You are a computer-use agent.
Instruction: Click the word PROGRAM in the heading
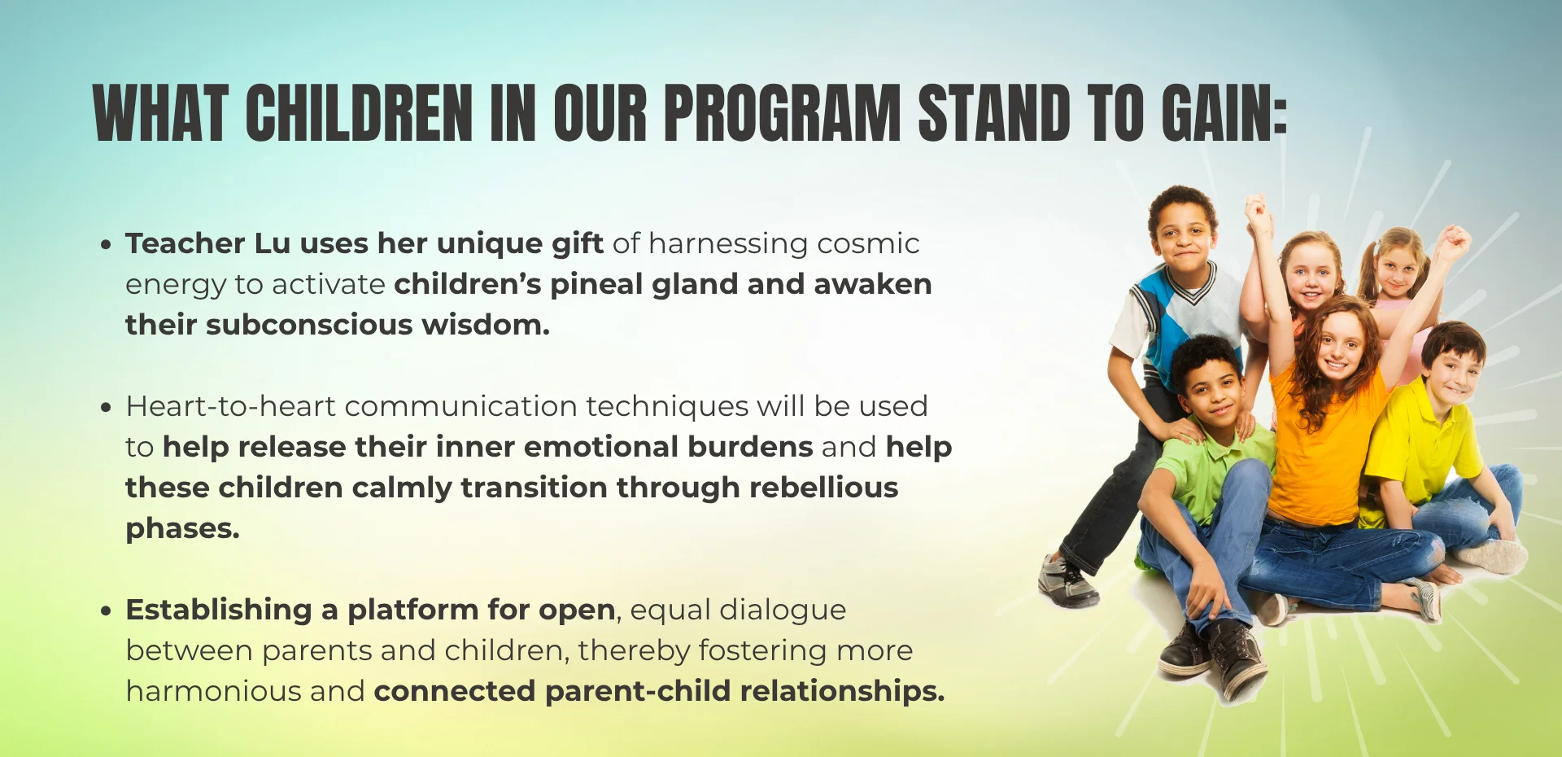(782, 113)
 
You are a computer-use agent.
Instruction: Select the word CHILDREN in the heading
(359, 113)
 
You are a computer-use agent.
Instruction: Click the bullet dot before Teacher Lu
(106, 244)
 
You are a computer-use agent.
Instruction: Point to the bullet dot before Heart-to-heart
(106, 407)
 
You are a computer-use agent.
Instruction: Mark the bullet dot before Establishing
(106, 610)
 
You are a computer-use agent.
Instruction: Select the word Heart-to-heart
(230, 406)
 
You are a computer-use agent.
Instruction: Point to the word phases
(182, 529)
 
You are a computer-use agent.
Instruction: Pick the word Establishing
(219, 610)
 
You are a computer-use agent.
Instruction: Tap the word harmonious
(213, 691)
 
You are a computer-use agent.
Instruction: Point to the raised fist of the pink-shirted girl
(1452, 241)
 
